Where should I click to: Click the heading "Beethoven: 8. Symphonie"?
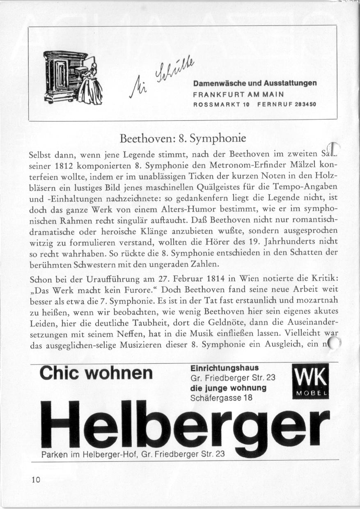pos(182,138)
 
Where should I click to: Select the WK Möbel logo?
pos(310,382)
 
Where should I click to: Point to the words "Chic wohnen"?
pos(96,373)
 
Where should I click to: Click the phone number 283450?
pos(305,104)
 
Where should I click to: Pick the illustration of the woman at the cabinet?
pos(73,78)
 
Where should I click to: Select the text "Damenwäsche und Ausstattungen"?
pos(255,83)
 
